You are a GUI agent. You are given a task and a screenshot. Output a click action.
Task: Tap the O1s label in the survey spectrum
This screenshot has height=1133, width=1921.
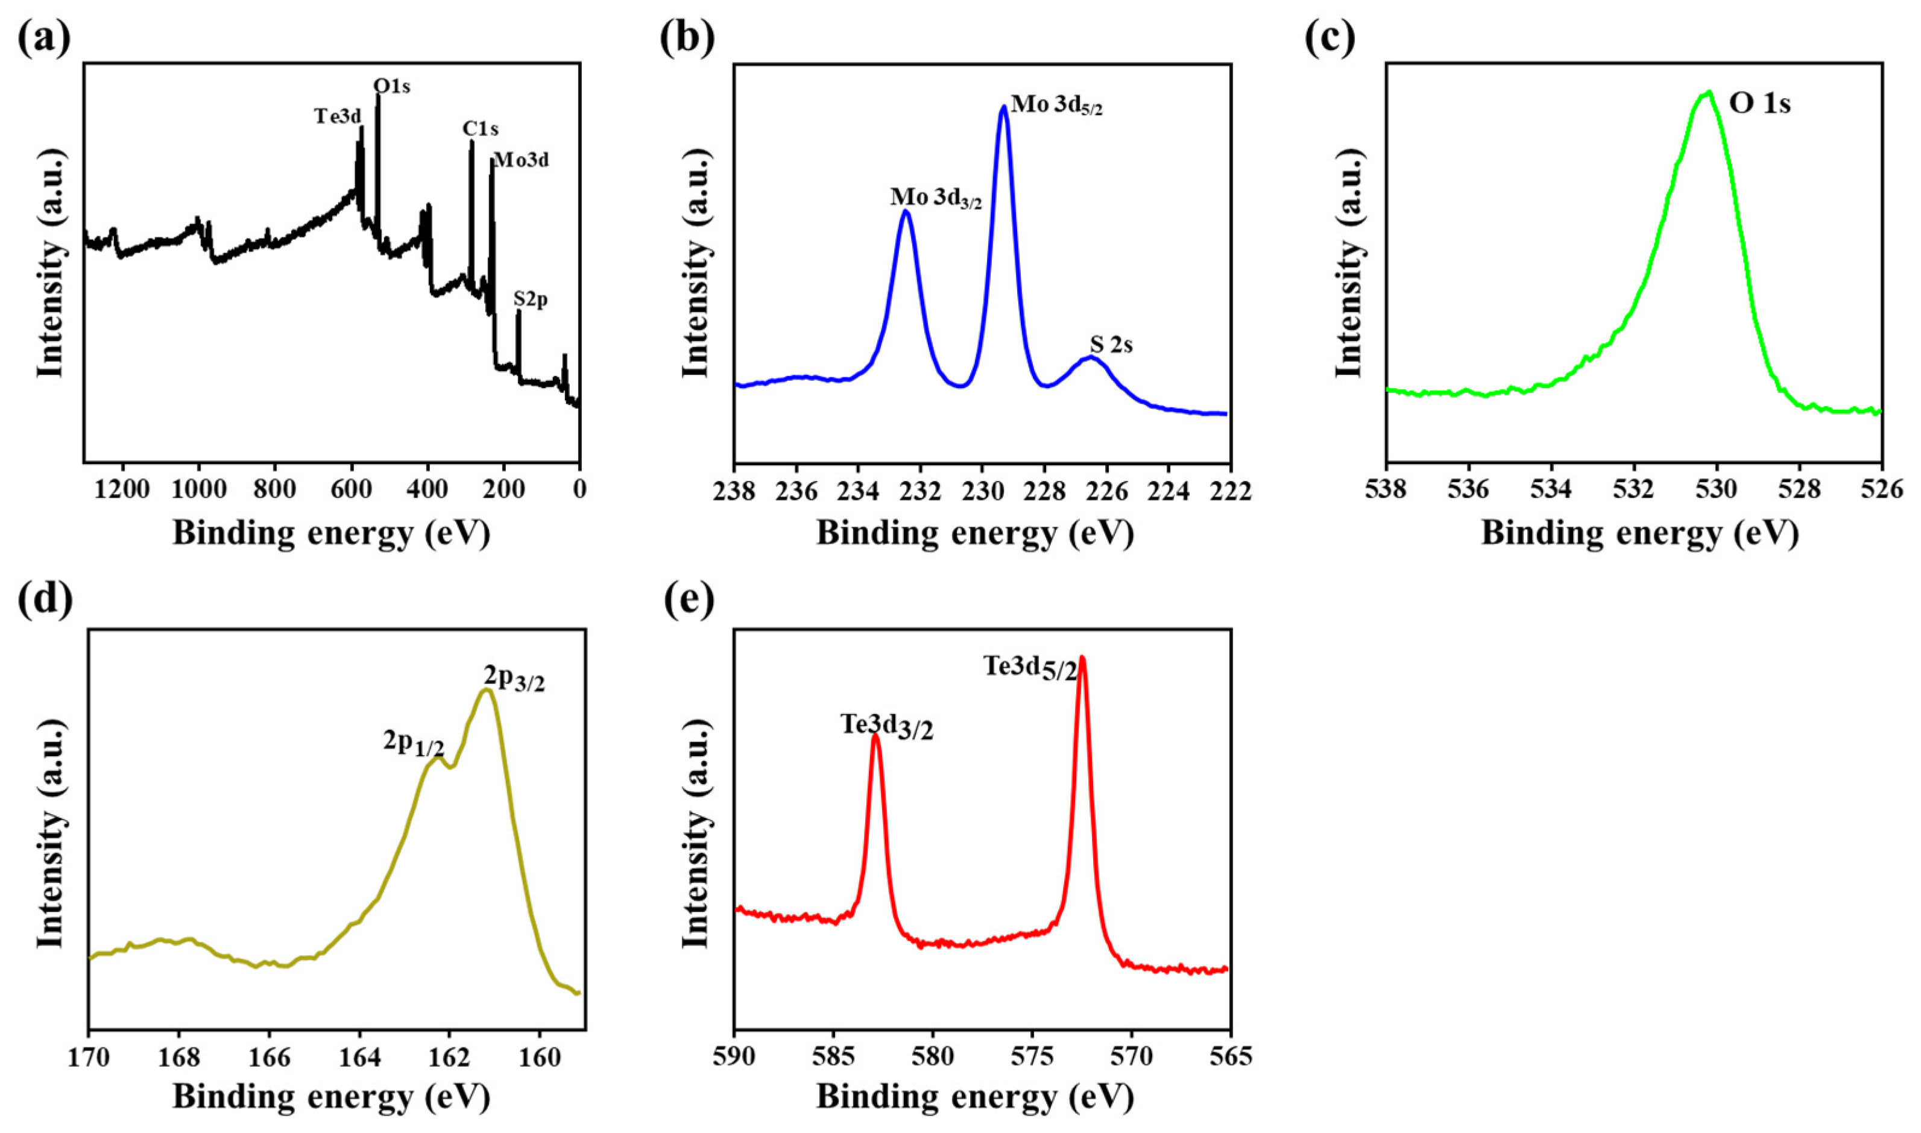[x=391, y=86]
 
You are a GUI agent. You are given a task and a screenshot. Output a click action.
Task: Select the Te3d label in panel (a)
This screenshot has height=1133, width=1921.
[x=338, y=116]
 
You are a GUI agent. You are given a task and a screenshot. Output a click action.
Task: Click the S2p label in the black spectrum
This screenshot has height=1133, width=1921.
[x=531, y=300]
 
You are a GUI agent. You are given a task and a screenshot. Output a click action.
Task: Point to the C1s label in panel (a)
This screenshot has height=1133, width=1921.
[x=480, y=129]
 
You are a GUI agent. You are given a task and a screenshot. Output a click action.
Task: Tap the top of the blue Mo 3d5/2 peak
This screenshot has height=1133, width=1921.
[x=1003, y=108]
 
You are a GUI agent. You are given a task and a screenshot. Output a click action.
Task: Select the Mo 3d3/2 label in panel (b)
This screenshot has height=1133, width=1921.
[x=936, y=198]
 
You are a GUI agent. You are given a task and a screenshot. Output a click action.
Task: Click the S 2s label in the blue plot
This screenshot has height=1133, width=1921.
[x=1111, y=346]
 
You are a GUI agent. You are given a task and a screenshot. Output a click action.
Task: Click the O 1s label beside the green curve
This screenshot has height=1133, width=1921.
[x=1759, y=103]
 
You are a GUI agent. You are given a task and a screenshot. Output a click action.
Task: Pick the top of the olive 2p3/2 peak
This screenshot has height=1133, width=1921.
[x=485, y=690]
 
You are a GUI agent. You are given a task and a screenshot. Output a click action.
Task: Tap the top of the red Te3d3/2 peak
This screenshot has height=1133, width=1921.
[x=875, y=737]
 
